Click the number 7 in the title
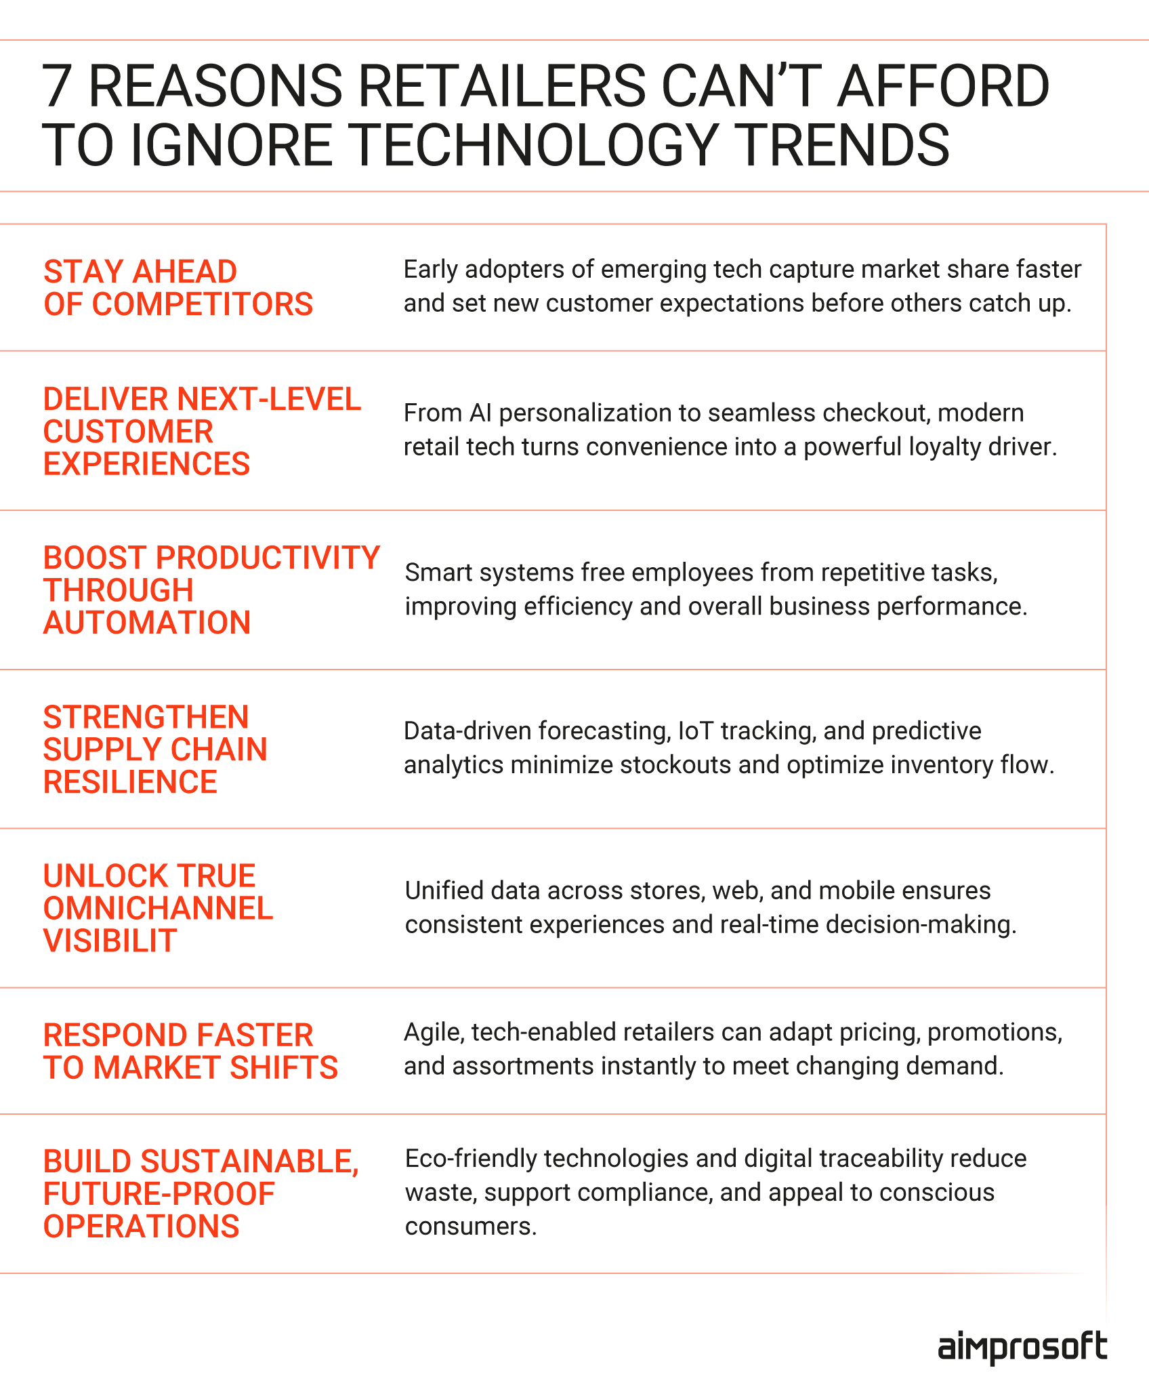coord(58,86)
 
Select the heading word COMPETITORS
coord(203,304)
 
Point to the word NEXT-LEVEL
coord(269,399)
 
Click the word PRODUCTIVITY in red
coord(268,558)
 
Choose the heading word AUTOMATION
coord(147,622)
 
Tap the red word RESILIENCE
coord(130,782)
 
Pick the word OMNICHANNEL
coord(158,908)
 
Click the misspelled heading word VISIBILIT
coord(110,941)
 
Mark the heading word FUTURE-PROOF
coord(159,1194)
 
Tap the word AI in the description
coord(480,413)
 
